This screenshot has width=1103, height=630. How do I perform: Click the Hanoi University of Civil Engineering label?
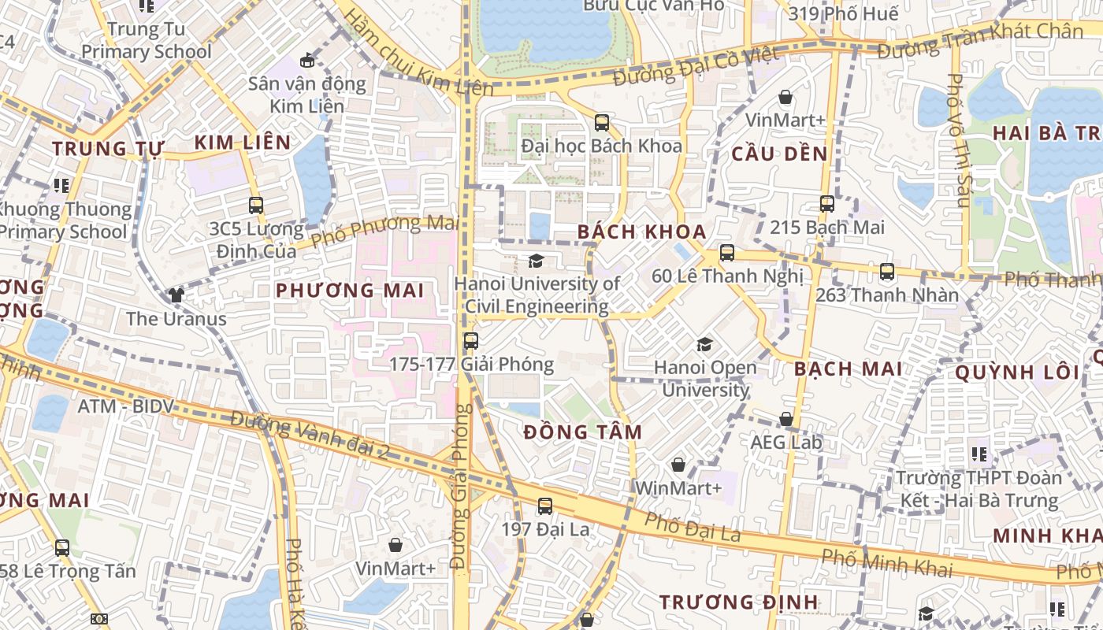point(537,295)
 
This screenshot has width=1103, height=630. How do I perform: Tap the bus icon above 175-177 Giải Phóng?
point(470,341)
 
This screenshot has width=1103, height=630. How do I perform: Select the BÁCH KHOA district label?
point(641,232)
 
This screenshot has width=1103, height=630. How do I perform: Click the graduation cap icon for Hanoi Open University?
point(704,344)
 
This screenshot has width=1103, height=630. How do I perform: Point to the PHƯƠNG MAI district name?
point(350,290)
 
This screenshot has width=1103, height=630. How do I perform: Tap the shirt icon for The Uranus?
point(176,295)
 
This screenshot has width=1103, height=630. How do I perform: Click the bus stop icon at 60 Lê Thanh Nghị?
point(726,253)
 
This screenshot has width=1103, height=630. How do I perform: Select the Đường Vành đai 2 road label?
point(310,435)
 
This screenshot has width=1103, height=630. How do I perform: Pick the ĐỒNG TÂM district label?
point(583,432)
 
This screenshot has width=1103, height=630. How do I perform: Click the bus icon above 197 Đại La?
point(544,506)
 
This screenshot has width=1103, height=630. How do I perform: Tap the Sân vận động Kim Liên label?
point(307,94)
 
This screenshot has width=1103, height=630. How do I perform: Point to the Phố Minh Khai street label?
point(886,562)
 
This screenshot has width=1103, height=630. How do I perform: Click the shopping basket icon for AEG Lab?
point(785,419)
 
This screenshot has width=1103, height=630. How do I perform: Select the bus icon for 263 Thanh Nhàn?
point(887,272)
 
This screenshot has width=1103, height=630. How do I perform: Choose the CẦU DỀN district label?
point(779,154)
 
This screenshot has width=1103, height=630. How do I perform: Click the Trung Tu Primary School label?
point(147,40)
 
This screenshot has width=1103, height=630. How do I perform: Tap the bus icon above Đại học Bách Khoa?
point(602,122)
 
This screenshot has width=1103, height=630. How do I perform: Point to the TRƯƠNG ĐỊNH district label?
point(738,602)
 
